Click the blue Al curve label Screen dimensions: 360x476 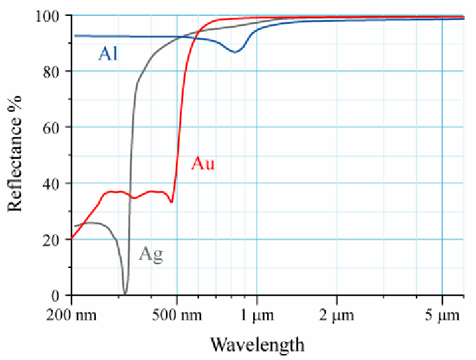tap(108, 54)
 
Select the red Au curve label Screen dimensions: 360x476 tap(203, 163)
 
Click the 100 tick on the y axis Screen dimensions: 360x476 tap(51, 15)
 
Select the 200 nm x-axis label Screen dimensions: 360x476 tap(71, 315)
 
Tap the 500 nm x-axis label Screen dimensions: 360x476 tap(177, 315)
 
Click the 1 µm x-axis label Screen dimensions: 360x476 tap(257, 315)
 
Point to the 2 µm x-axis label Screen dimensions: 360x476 tap(337, 315)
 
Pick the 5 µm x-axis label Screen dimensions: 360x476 tap(442, 315)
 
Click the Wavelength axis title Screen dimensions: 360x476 tap(257, 344)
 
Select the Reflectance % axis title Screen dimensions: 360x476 tap(15, 155)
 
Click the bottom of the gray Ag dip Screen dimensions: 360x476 tap(125, 293)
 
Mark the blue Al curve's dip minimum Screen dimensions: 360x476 tap(235, 52)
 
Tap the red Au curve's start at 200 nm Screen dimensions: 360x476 tap(71, 238)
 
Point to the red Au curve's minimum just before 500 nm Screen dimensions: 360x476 tap(171, 202)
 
